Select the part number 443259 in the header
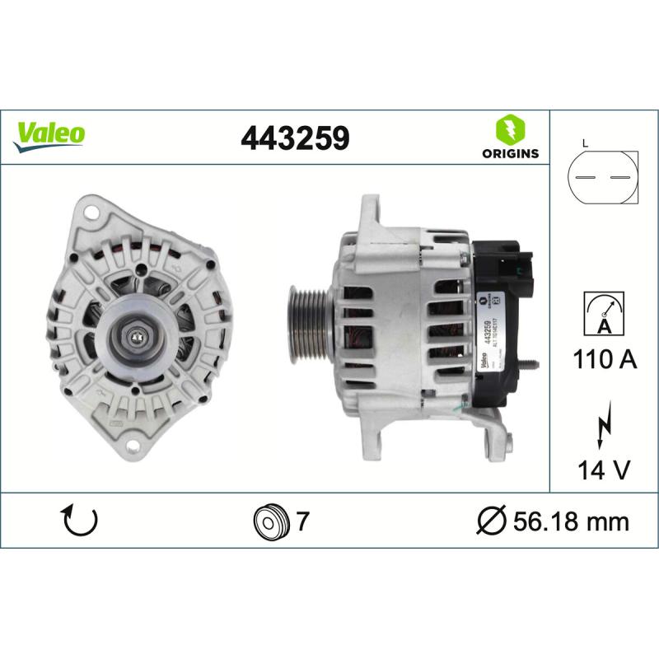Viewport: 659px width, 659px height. click(295, 138)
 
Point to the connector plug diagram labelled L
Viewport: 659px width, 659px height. click(603, 178)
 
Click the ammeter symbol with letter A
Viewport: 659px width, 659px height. click(603, 313)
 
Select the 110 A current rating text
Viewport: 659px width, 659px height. click(603, 359)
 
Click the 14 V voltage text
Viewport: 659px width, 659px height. click(603, 470)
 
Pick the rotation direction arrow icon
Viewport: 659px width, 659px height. click(80, 521)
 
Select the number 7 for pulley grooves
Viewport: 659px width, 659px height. click(302, 521)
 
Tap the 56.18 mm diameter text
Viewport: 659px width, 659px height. click(570, 521)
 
